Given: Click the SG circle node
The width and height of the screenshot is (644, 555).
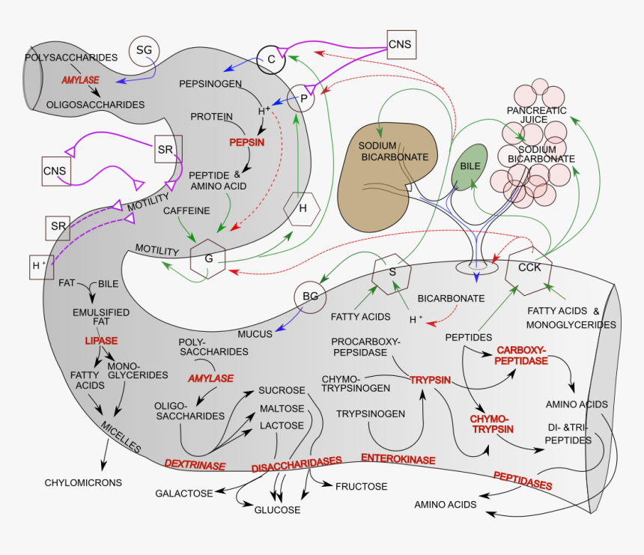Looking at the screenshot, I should coord(144,50).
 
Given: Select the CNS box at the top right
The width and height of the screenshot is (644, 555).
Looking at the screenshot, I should coord(400,44).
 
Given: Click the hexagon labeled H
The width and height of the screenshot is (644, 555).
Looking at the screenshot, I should coord(303,209).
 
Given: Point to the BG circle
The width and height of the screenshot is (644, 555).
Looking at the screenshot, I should coord(310,297).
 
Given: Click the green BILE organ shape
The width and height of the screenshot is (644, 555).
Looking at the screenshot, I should coord(470,166).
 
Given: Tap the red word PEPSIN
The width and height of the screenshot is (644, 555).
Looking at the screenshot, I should coord(247,141).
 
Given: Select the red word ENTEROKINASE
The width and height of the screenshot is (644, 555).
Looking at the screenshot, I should coord(395,458).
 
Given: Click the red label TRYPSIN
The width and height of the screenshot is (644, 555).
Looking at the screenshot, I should coord(430,380).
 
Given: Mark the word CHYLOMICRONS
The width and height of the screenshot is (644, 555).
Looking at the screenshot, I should coord(83,483).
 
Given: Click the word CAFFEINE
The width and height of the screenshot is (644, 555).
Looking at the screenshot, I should coord(186,211).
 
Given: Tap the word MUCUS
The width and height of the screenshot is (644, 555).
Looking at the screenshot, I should coord(255,334).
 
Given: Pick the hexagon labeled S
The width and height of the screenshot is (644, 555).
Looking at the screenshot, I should coord(392,272).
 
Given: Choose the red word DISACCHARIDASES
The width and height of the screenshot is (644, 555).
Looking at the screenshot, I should coord(297,464).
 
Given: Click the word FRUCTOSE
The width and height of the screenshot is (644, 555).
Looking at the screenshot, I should coord(361,487).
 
